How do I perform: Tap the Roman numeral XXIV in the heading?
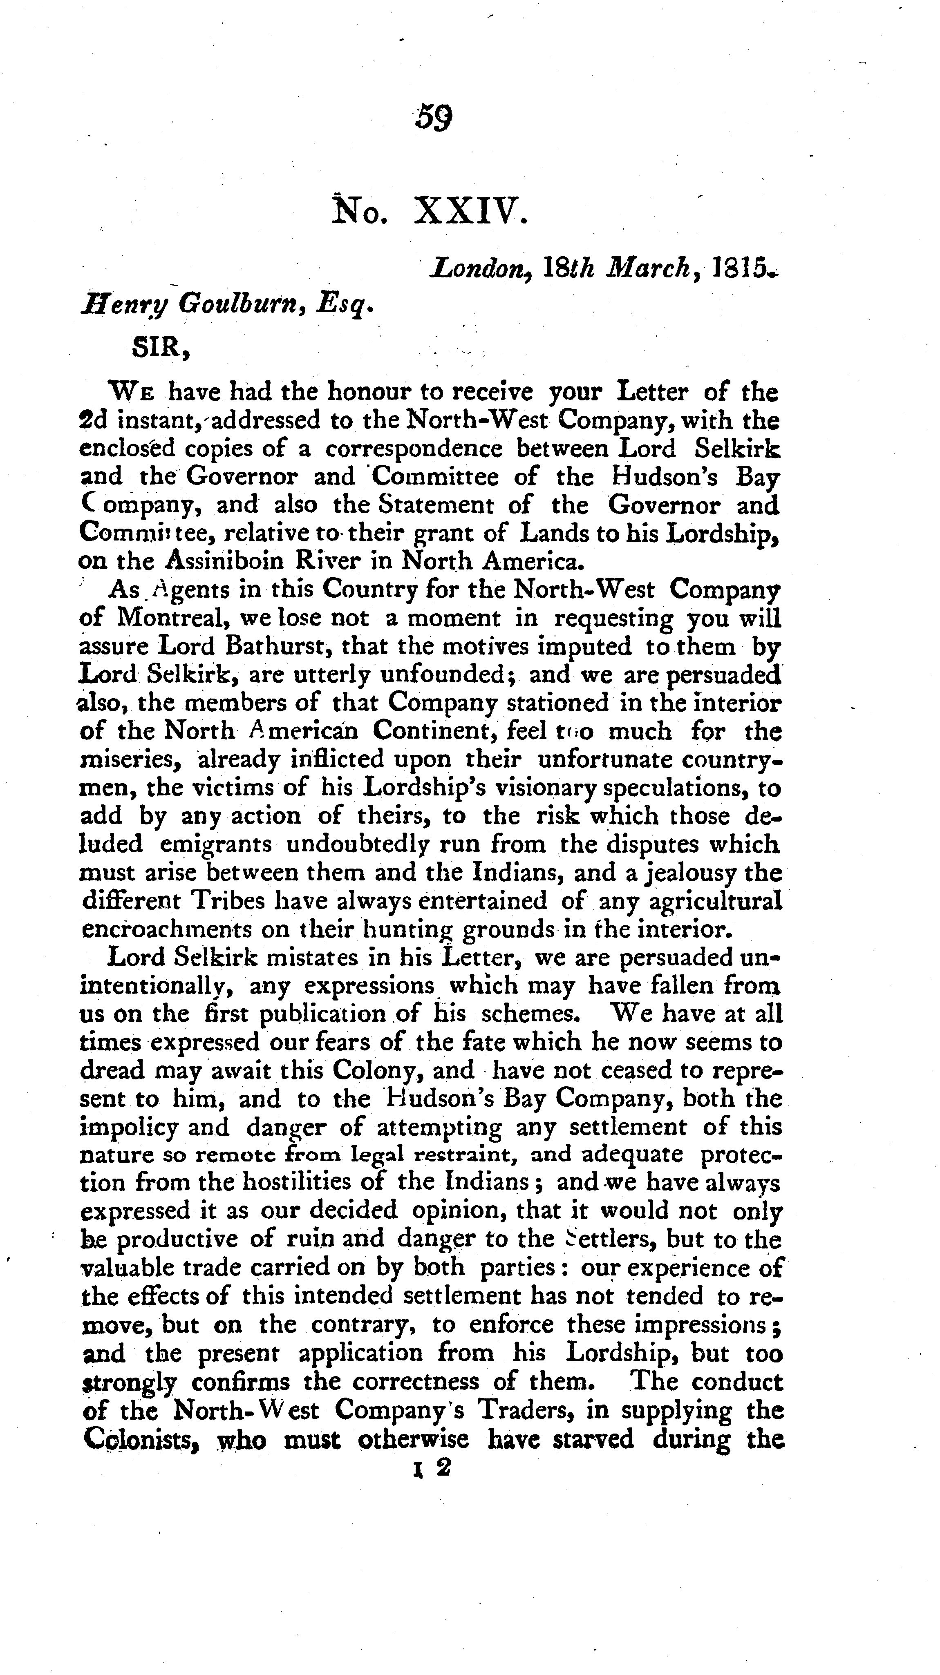point(469,212)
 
